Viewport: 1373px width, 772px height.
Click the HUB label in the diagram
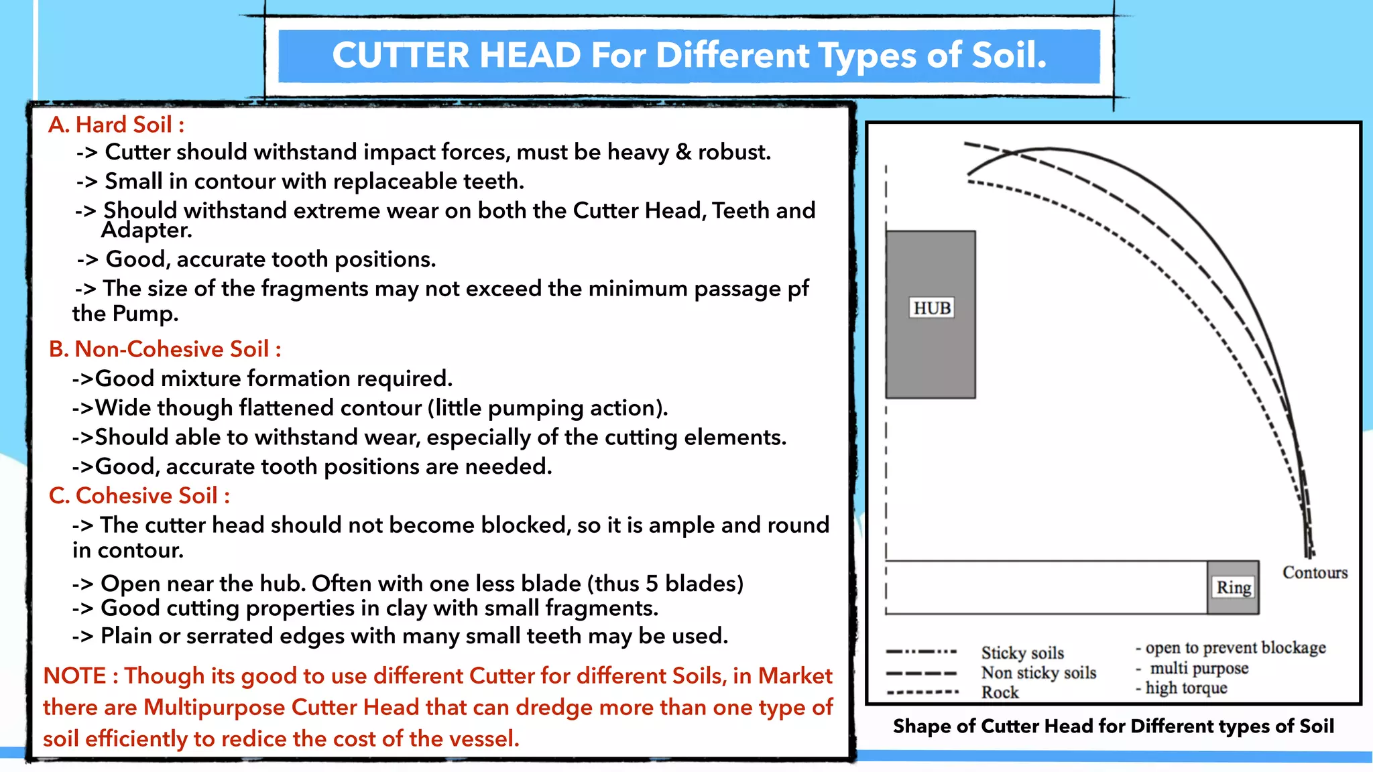pos(932,308)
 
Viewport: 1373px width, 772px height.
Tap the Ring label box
pos(1234,588)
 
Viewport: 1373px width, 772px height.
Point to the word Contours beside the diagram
pos(1315,573)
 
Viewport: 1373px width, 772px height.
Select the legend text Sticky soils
pos(1022,653)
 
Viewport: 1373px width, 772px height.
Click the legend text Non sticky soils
pos(1038,672)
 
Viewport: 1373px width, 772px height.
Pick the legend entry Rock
pos(1000,692)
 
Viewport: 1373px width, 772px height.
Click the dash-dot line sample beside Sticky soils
pos(921,651)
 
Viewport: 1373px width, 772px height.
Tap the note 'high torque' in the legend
pos(1186,688)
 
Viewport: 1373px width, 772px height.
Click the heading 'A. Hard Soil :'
pos(116,125)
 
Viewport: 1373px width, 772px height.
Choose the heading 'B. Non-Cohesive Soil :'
pos(165,349)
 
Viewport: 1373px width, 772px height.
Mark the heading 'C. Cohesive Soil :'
pos(139,496)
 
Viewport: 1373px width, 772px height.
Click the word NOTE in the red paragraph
pos(74,675)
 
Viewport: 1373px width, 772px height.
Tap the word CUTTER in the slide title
pos(400,56)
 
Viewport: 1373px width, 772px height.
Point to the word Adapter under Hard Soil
pos(145,231)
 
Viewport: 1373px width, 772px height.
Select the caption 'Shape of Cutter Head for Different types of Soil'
pos(1113,726)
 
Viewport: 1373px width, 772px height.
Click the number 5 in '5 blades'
pos(652,584)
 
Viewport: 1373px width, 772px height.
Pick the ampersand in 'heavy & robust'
pos(683,152)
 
